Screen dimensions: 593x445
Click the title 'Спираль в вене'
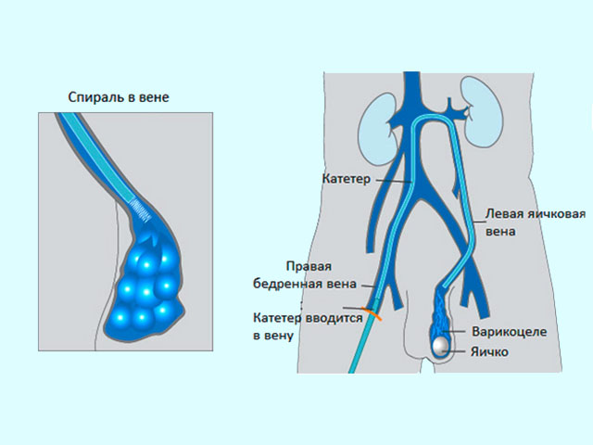119,97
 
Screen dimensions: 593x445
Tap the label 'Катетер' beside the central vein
346,179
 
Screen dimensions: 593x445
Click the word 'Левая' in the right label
504,213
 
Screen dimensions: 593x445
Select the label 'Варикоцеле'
509,332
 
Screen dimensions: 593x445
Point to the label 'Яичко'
489,352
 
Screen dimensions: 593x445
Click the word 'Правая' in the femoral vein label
309,266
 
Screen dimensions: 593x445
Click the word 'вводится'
333,318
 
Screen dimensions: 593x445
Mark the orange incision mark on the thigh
372,313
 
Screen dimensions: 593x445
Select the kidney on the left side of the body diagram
377,129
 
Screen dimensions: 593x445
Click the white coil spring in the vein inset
141,210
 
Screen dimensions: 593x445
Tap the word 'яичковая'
556,213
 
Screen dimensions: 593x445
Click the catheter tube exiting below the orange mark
362,344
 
